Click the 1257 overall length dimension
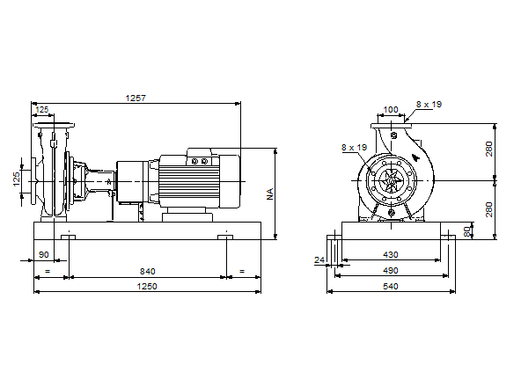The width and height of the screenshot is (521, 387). [x=136, y=98]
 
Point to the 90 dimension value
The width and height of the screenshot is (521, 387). [x=44, y=255]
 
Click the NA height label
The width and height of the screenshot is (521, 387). [x=271, y=193]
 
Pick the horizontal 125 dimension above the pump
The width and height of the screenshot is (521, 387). [x=42, y=110]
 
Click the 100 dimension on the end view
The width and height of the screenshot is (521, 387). [x=391, y=110]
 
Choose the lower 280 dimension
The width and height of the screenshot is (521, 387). [x=489, y=209]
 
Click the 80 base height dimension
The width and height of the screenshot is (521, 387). [x=467, y=230]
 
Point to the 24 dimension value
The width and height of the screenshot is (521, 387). [x=320, y=259]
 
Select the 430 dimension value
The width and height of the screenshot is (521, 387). [x=390, y=255]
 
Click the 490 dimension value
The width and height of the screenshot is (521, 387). [x=390, y=271]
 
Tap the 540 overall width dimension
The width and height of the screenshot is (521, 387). [x=390, y=287]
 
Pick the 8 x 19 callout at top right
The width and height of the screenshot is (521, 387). [x=429, y=104]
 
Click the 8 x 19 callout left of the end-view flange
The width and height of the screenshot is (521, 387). [x=354, y=148]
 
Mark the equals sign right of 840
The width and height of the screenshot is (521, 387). [x=241, y=271]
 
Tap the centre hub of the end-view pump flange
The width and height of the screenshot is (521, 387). [x=391, y=184]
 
